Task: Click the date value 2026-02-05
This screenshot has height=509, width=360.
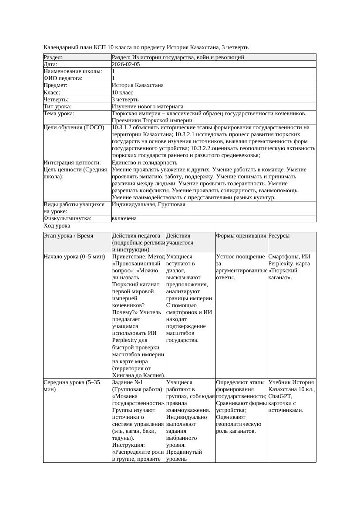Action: point(126,64)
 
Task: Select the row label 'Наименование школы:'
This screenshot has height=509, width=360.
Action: point(73,71)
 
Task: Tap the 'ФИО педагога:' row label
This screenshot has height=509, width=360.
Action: point(63,78)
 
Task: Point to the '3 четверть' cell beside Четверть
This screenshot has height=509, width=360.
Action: point(125,100)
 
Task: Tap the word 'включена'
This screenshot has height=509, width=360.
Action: point(124,218)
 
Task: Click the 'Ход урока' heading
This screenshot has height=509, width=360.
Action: point(57,226)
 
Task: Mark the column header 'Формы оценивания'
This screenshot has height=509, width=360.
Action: point(241,236)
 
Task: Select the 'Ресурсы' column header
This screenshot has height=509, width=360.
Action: point(279,236)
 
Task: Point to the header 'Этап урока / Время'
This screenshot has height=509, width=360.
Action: point(68,236)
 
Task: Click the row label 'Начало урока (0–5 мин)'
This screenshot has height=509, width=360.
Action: point(74,257)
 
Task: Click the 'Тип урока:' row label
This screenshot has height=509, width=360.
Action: point(57,107)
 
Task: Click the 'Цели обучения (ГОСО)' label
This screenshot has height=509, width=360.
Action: point(74,127)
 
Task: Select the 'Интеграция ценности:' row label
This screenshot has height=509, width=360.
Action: point(72,163)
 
